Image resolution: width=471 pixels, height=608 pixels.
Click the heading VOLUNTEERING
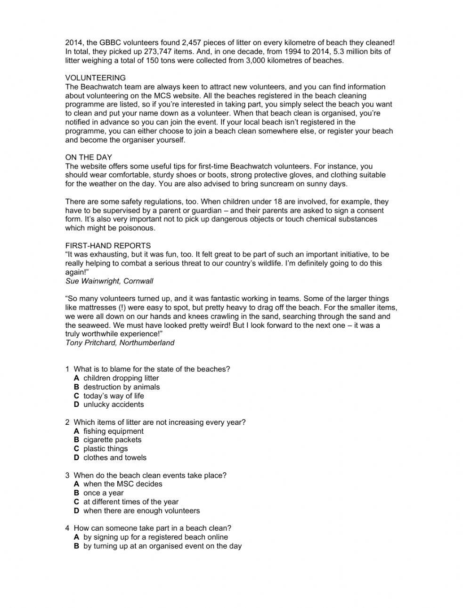point(95,78)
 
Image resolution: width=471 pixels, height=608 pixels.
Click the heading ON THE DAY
point(89,157)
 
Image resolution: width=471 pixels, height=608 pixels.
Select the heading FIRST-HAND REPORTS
point(108,245)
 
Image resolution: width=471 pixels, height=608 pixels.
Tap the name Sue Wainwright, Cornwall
point(109,281)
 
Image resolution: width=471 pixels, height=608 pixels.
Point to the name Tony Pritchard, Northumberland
point(120,343)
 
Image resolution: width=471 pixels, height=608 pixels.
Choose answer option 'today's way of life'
point(114,396)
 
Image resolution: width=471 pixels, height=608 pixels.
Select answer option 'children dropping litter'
point(121,378)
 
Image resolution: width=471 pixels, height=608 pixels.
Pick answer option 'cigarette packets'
point(112,440)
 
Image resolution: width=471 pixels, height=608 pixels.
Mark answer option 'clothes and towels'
point(115,458)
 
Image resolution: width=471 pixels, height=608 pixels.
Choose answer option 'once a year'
point(104,493)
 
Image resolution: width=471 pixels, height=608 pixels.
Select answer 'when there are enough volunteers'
point(141,511)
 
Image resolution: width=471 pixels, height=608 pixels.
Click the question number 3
point(67,476)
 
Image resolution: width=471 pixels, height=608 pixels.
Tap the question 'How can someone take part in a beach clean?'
point(152,528)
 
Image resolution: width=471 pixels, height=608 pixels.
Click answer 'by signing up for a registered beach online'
point(155,537)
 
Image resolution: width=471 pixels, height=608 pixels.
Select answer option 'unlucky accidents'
point(114,405)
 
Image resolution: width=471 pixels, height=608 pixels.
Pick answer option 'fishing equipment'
point(113,431)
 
